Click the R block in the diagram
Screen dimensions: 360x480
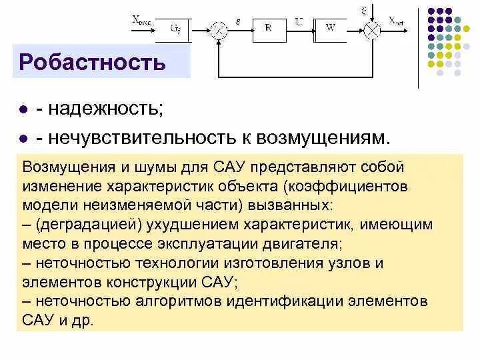point(267,27)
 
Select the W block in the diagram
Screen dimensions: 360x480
point(330,27)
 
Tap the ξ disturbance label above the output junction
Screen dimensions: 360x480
point(364,9)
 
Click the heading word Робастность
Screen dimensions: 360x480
point(92,63)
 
